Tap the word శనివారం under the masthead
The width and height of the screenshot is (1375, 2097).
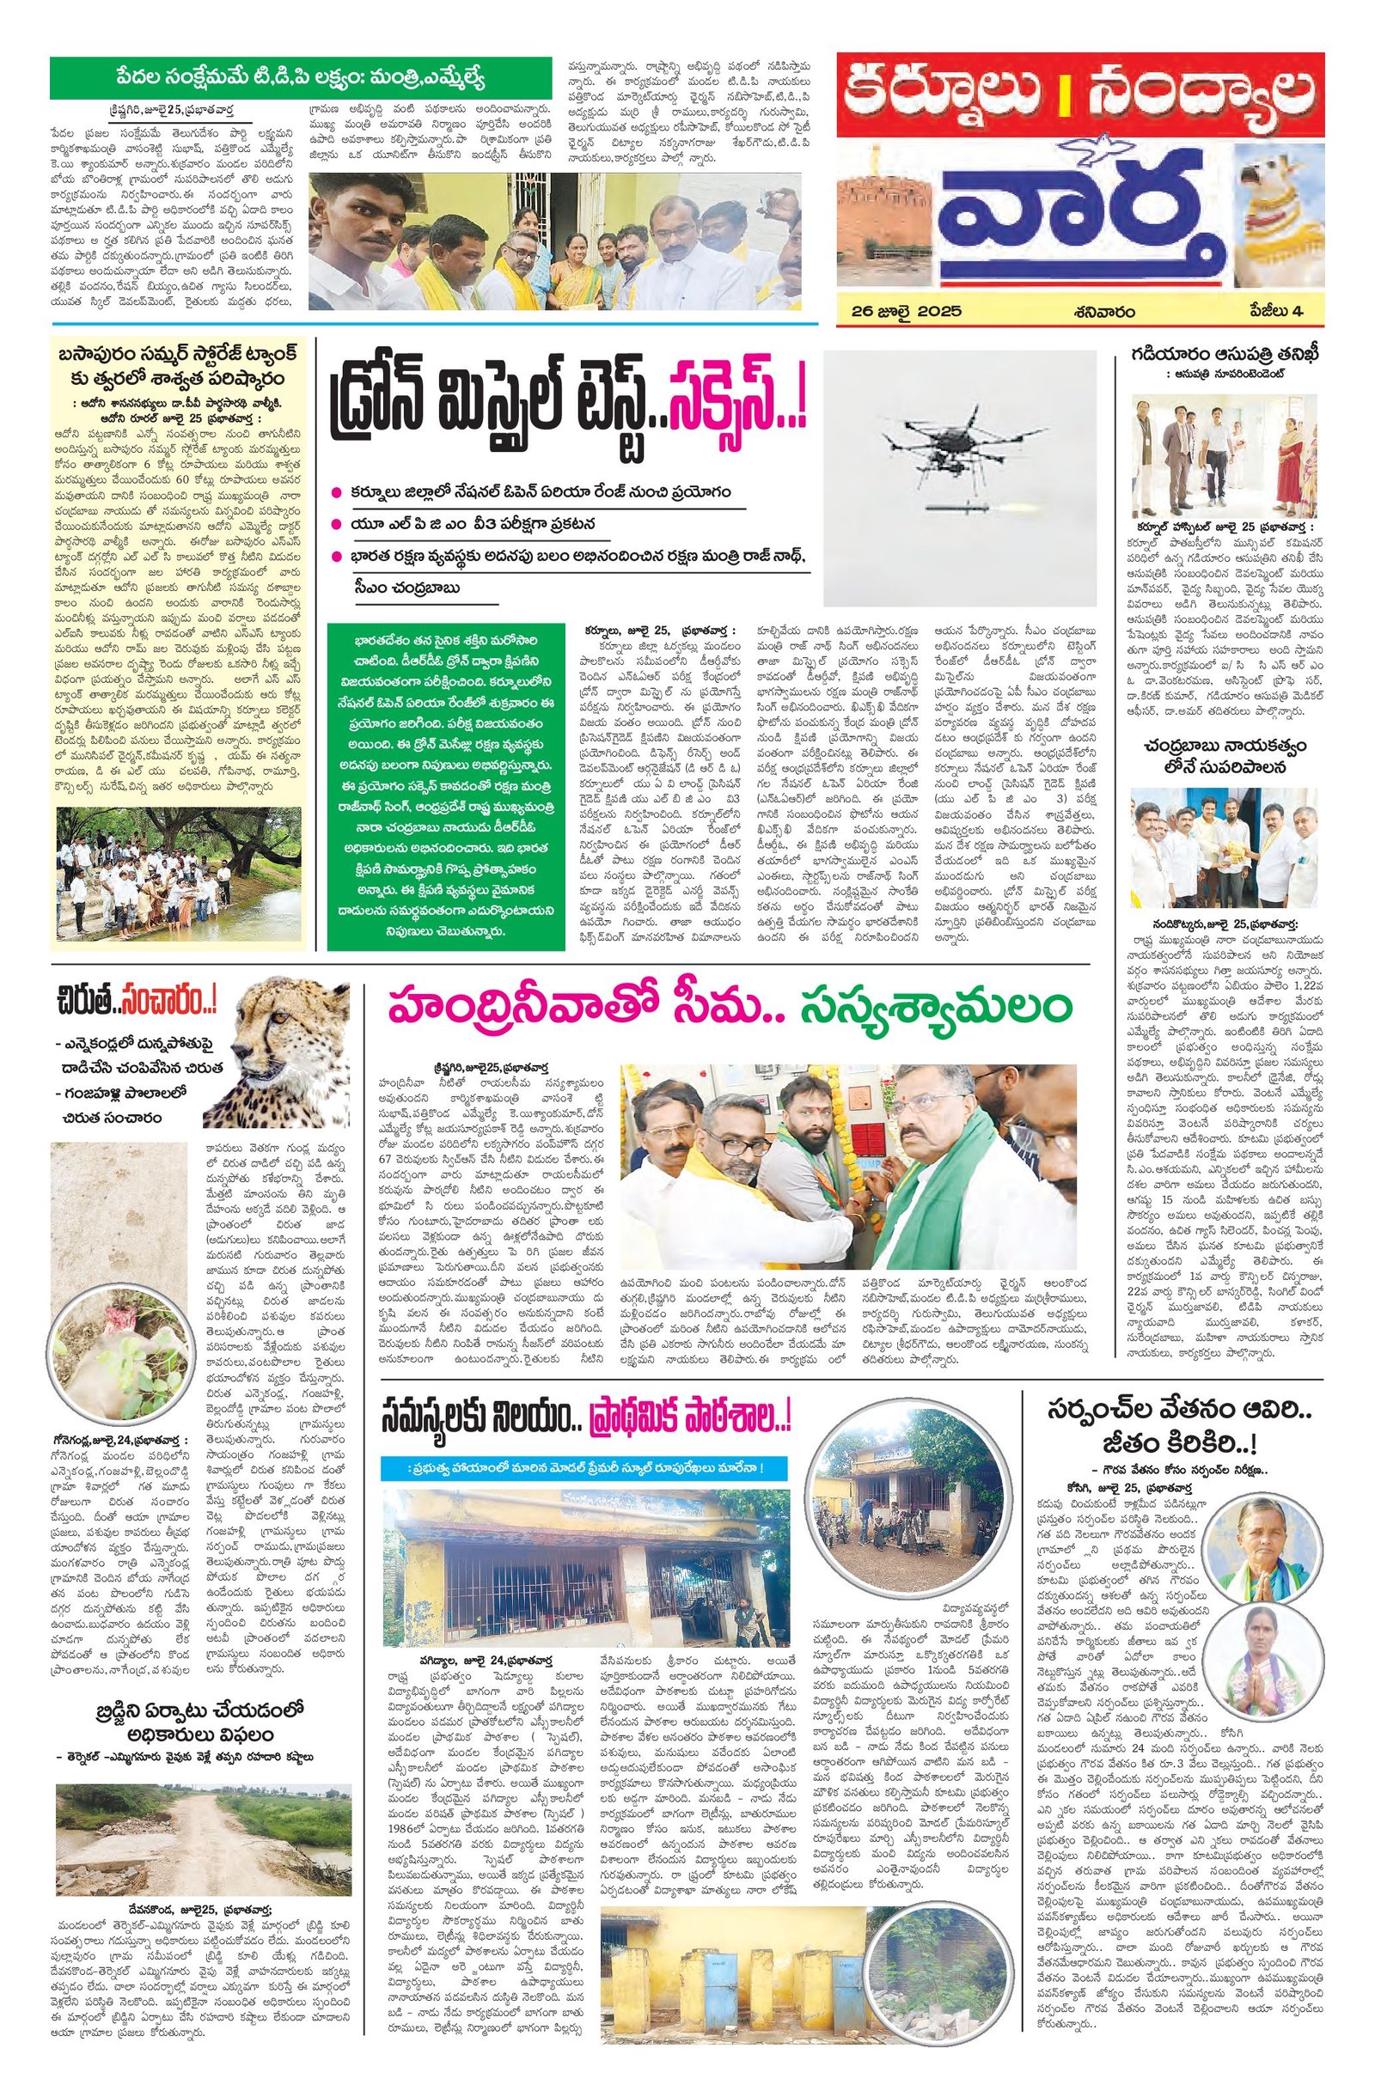(x=1104, y=311)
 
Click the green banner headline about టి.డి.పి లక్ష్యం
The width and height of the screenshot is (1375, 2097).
(x=301, y=76)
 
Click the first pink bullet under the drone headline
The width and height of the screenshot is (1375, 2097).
(x=335, y=493)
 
